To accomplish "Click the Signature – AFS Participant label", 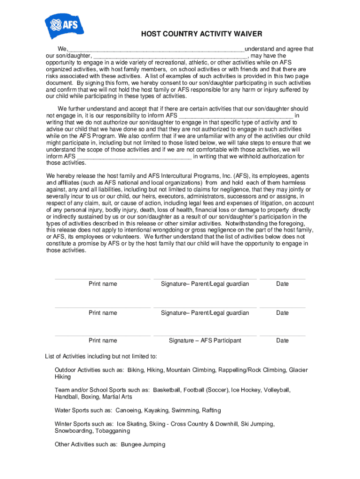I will pos(205,341).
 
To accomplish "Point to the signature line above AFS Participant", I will pos(205,335).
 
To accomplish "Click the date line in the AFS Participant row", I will pos(282,335).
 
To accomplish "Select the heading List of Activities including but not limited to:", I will pos(101,356).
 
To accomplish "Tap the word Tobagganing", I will pos(113,431).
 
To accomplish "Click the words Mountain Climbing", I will pos(191,370).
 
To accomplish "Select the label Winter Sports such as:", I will pos(84,424).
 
